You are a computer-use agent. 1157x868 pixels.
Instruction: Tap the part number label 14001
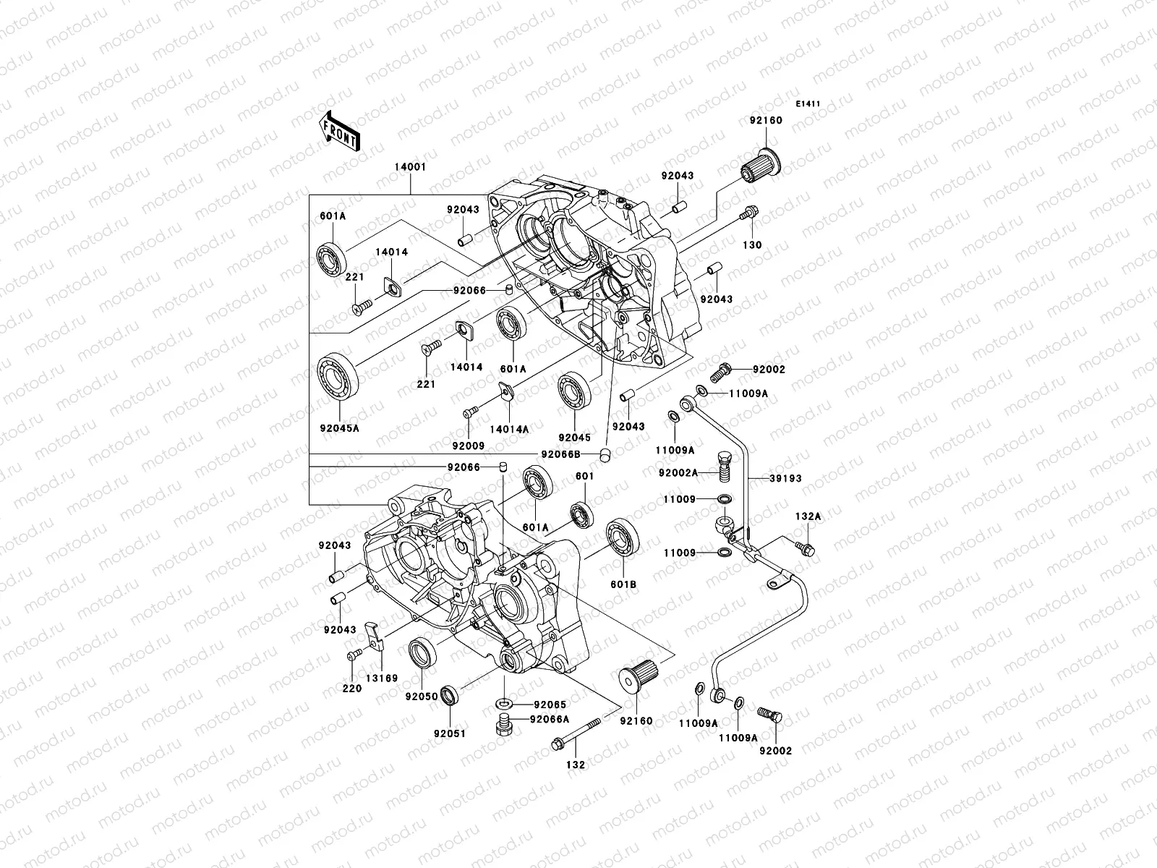[410, 167]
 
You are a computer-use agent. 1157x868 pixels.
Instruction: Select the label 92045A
[339, 428]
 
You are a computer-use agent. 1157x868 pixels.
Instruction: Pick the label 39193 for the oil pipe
[785, 479]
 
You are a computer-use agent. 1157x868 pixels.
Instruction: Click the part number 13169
[381, 678]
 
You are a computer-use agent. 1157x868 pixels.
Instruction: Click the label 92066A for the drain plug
[549, 719]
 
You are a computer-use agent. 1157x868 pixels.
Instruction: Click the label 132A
[808, 517]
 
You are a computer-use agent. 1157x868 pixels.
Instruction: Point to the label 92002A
[678, 472]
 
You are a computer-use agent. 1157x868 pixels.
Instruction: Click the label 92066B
[561, 454]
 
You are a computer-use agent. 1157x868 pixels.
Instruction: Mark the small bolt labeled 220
[354, 654]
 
